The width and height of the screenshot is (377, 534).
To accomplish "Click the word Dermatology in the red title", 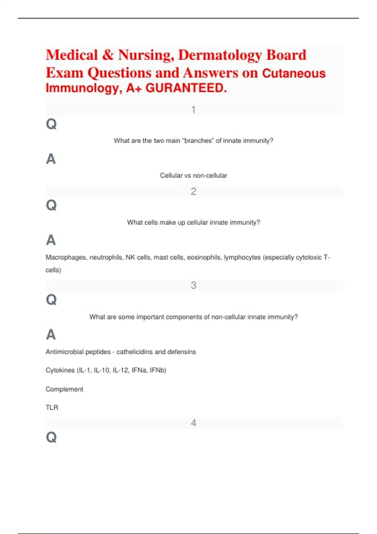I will [x=220, y=55].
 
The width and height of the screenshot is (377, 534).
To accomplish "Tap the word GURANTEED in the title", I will [x=186, y=88].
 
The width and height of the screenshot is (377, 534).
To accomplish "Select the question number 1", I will [x=194, y=110].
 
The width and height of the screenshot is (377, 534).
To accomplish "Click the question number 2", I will [x=194, y=191].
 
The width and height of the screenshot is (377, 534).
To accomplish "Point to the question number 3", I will [x=194, y=285].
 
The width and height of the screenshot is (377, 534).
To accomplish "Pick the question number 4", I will [x=194, y=423].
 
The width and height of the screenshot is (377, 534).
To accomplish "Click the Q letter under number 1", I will [x=51, y=124].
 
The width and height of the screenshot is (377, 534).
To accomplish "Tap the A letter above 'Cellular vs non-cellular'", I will [x=51, y=159].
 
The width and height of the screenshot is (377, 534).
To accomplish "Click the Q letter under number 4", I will [x=51, y=437].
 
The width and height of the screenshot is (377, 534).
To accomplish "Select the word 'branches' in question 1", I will [x=198, y=141].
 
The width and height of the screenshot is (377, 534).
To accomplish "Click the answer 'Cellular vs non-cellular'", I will [x=194, y=176].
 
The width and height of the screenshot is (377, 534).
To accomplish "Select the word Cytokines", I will [x=60, y=370].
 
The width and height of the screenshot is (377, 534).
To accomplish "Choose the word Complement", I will [x=64, y=389].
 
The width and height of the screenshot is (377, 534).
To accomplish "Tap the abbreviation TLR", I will [x=52, y=407].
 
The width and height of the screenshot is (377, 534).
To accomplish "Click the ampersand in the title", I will [x=108, y=55].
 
